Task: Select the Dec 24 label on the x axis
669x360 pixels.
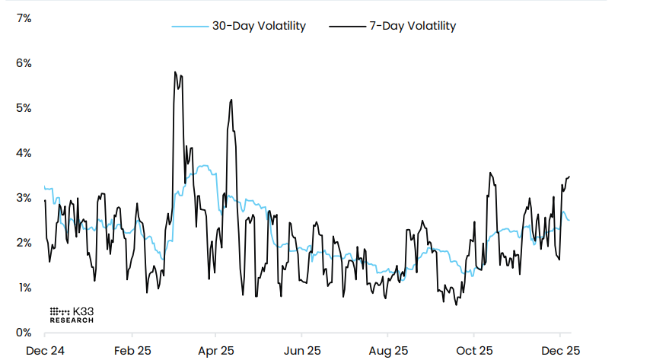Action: pos(45,351)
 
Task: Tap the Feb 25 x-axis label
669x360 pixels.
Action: pos(132,351)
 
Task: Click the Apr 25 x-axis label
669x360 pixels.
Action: pos(216,351)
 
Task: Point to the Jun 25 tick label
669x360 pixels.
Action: pos(301,351)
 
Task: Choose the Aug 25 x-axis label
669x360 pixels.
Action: pos(387,351)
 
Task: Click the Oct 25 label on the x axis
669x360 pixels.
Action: pos(473,351)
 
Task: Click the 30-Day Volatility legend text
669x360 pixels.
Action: pos(259,26)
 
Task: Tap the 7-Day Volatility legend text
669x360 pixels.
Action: pos(413,26)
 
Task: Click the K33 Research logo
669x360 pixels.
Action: pos(72,315)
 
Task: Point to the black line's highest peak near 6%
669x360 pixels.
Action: pos(175,72)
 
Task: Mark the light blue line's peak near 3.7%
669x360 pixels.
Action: pos(202,165)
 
